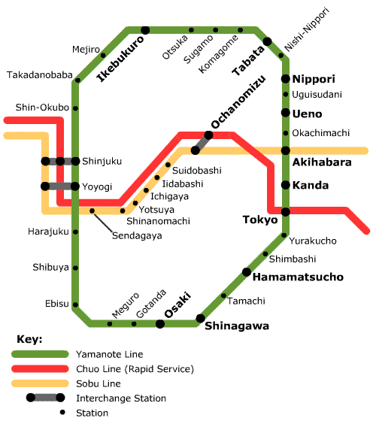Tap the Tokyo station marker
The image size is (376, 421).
click(286, 212)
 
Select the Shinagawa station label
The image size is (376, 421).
click(237, 326)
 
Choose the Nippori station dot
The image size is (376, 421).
click(286, 79)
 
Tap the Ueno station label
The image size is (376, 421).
click(307, 114)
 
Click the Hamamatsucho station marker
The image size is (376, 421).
click(247, 272)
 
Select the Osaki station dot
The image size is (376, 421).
click(160, 324)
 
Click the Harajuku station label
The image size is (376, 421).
click(48, 231)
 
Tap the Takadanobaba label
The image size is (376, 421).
click(39, 75)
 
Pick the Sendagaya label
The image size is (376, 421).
click(137, 235)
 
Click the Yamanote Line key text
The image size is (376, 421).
click(109, 353)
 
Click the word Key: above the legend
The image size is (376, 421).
click(29, 338)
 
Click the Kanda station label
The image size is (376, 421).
click(309, 185)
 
